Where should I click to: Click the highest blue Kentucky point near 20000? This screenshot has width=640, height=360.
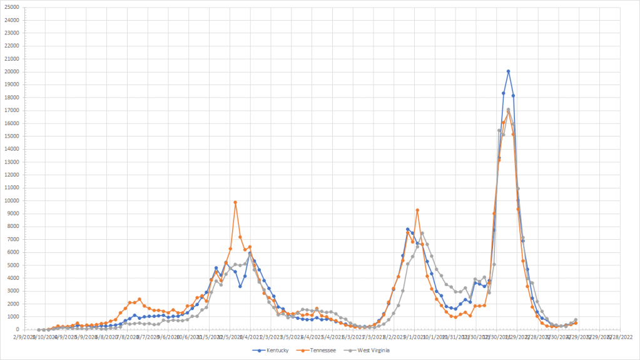(508, 71)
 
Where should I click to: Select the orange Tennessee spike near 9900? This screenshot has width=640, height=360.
(235, 202)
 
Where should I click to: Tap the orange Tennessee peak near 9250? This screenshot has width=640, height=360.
(417, 210)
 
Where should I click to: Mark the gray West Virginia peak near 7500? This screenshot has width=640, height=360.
(422, 233)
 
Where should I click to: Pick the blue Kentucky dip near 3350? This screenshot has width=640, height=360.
(240, 286)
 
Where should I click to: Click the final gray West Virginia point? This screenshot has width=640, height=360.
(576, 320)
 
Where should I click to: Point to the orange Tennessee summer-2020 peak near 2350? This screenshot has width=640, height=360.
(140, 299)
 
